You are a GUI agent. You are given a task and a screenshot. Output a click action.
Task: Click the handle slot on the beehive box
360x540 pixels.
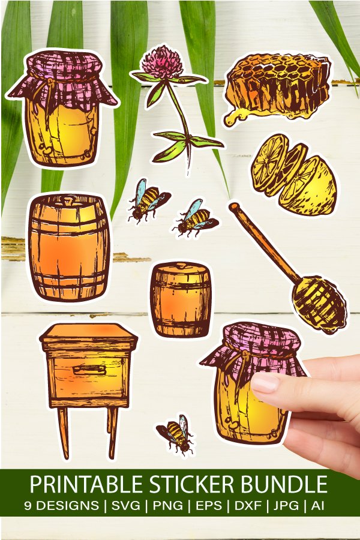(89, 370)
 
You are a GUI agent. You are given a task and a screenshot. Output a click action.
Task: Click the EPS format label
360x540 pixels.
(208, 506)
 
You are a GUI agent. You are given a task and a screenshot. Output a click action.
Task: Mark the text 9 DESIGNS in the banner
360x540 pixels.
(62, 506)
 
